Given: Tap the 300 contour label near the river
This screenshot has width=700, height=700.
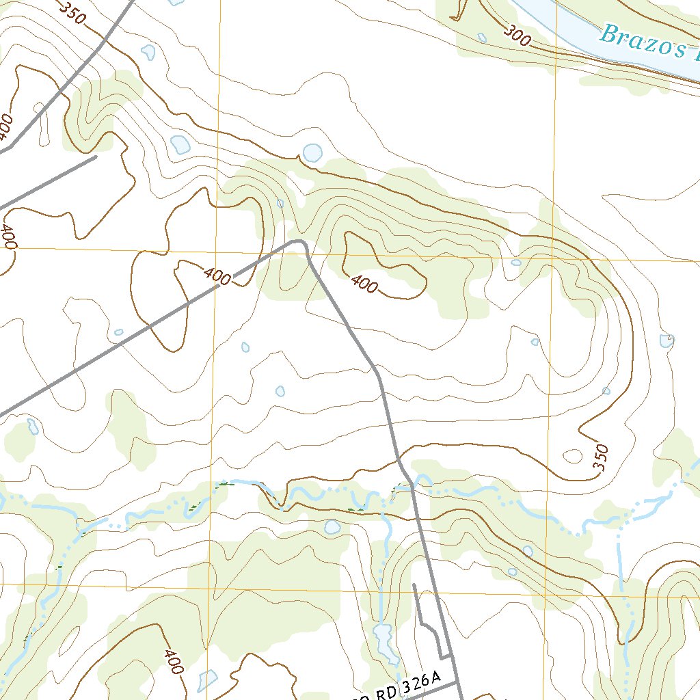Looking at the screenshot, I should [x=519, y=35].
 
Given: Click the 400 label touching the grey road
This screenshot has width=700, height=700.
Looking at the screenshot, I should [x=217, y=276].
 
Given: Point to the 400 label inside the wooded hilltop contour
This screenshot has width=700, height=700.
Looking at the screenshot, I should [x=363, y=283].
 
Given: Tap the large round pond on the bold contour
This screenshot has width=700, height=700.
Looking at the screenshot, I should [x=312, y=152].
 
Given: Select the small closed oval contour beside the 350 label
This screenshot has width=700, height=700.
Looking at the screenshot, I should [x=572, y=456].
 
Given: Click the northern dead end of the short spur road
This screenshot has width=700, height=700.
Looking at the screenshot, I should [x=414, y=585].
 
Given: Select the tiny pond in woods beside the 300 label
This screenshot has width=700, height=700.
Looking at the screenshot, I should [x=482, y=38].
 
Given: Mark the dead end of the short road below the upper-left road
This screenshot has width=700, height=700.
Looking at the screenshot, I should [x=95, y=157].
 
